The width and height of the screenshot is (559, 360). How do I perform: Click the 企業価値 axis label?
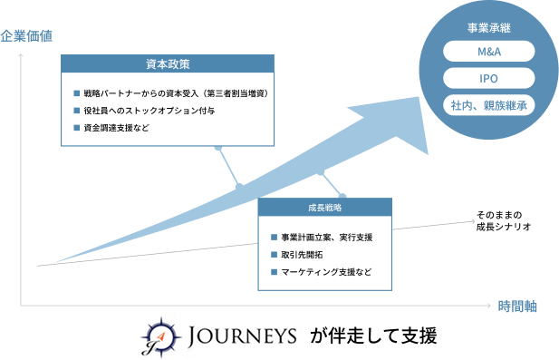tap(27, 36)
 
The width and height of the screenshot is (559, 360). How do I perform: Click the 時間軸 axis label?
tap(517, 306)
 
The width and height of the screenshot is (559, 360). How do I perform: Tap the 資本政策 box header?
tap(168, 64)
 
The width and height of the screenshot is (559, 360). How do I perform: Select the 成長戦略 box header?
tap(325, 208)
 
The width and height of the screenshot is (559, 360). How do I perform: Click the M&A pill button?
tap(488, 53)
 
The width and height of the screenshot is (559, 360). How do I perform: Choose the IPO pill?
tap(488, 79)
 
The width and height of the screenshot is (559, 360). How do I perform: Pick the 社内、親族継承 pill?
tap(488, 106)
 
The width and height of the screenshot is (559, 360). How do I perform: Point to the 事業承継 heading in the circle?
tap(488, 27)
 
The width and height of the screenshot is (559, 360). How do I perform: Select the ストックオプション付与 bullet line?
tap(149, 111)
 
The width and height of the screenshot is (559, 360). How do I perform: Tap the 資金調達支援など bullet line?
tap(121, 128)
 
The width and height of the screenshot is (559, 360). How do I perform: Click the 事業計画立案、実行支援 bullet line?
tap(327, 238)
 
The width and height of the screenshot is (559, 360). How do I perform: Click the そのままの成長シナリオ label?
tap(504, 220)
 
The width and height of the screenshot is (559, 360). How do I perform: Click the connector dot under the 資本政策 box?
tap(217, 147)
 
